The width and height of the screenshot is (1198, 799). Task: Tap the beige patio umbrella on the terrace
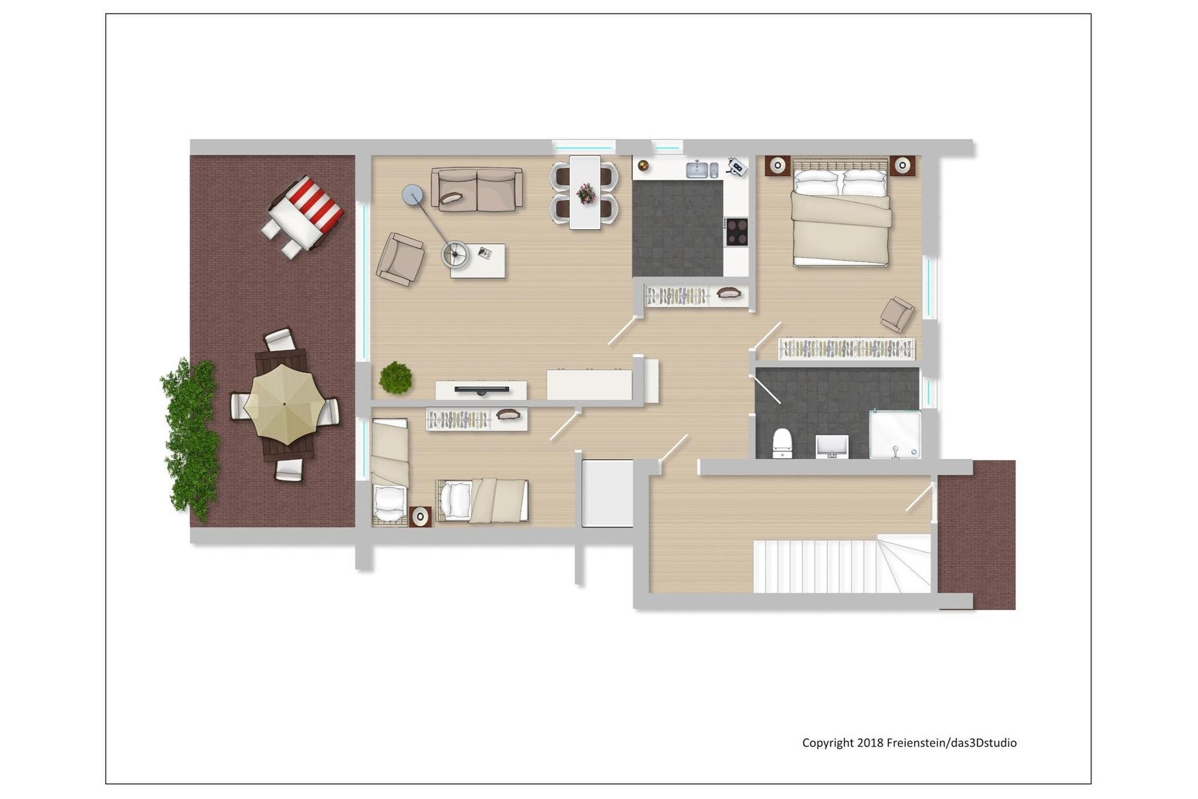(x=284, y=404)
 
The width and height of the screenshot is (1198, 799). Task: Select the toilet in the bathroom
(x=782, y=443)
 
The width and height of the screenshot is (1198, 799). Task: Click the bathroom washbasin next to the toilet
(x=832, y=446)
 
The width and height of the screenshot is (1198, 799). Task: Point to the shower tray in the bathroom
(x=895, y=434)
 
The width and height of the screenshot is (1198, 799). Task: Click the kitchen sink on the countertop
(x=697, y=169)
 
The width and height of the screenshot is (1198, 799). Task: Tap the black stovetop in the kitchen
(x=736, y=231)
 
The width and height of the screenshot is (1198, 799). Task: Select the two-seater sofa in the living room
(x=477, y=189)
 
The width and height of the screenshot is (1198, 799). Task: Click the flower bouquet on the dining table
(x=585, y=193)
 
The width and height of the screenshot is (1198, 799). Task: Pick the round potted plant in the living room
(x=395, y=378)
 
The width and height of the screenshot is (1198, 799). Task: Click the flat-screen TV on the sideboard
(x=482, y=390)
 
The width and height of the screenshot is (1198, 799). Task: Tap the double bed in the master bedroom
(x=840, y=212)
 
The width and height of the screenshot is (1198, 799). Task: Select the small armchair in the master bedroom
(x=897, y=314)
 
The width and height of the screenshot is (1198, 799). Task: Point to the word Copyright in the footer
(x=828, y=743)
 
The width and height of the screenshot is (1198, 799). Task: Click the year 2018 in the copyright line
(x=870, y=743)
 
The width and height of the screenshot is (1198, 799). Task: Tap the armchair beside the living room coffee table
(x=401, y=259)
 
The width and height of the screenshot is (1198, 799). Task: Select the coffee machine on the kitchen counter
(x=736, y=167)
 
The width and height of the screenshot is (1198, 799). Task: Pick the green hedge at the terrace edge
(x=189, y=439)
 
